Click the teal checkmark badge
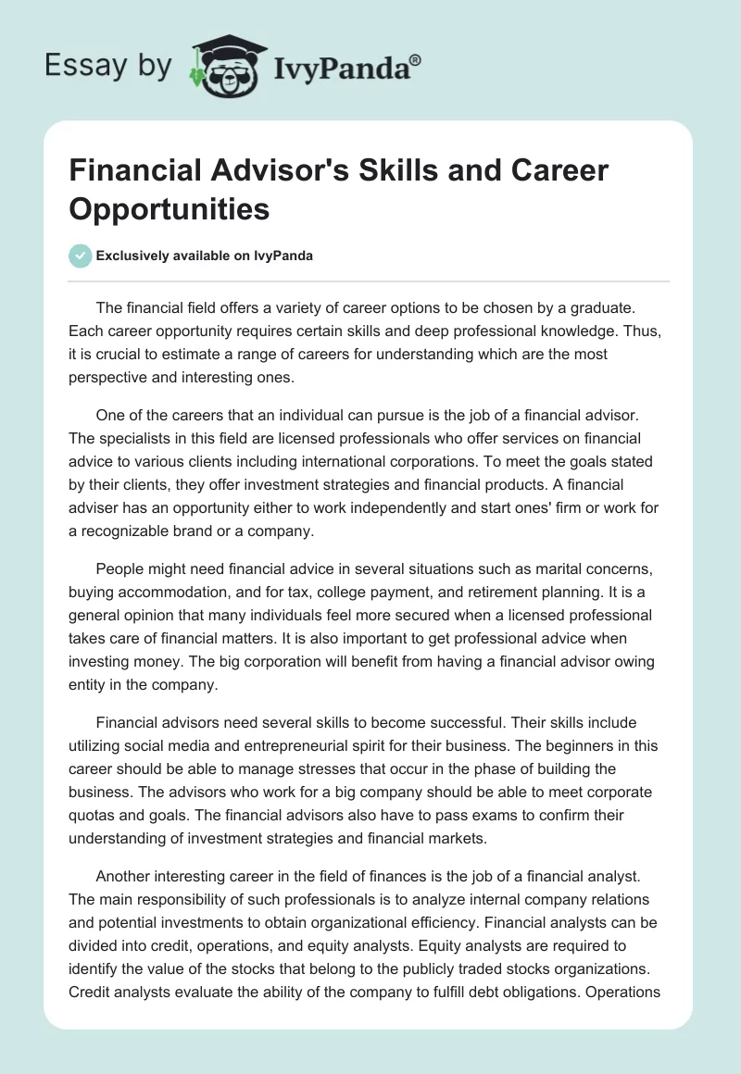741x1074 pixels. tap(81, 256)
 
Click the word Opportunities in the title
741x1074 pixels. tap(170, 208)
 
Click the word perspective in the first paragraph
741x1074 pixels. tap(113, 377)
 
